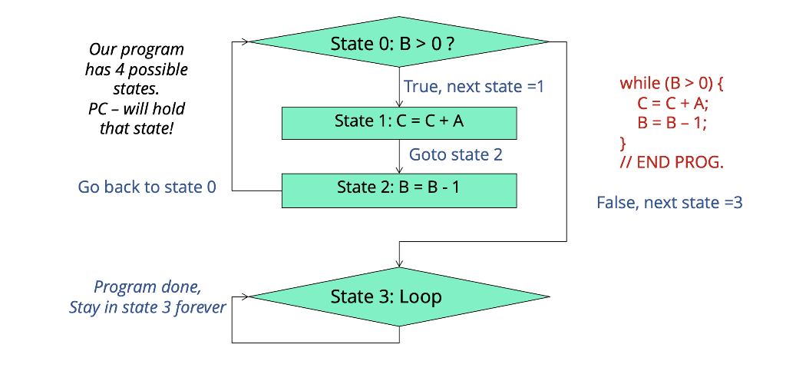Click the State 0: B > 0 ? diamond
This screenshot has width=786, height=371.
pyautogui.click(x=398, y=43)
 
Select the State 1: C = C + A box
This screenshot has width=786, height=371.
pyautogui.click(x=398, y=122)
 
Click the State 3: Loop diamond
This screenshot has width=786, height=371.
pyautogui.click(x=398, y=296)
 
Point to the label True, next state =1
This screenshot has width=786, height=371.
pyautogui.click(x=474, y=87)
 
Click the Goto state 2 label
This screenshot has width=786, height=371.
pyautogui.click(x=455, y=154)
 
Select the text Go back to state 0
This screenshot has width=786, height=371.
pyautogui.click(x=147, y=187)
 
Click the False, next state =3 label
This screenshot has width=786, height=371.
pyautogui.click(x=669, y=203)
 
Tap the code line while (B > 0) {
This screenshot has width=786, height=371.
pyautogui.click(x=672, y=83)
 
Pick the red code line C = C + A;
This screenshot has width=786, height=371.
pyautogui.click(x=672, y=103)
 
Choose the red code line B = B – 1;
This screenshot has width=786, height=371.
pyautogui.click(x=672, y=123)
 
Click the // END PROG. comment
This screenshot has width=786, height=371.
pyautogui.click(x=672, y=163)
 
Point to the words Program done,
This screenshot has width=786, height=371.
pyautogui.click(x=147, y=287)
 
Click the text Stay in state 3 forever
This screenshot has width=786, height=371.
pyautogui.click(x=147, y=307)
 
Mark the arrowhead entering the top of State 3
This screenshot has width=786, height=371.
pyautogui.click(x=398, y=263)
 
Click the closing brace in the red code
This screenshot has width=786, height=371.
pyautogui.click(x=623, y=143)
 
